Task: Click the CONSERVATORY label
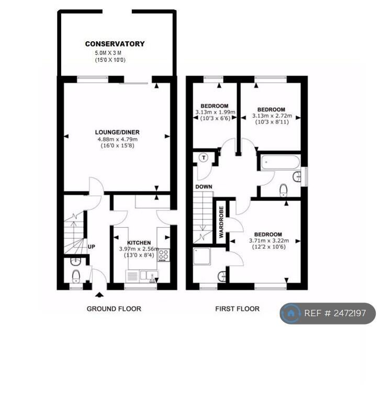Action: pyautogui.click(x=115, y=44)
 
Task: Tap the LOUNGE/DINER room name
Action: pyautogui.click(x=117, y=132)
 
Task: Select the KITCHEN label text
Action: pyautogui.click(x=139, y=243)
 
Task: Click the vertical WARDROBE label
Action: pyautogui.click(x=221, y=222)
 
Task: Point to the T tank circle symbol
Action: pyautogui.click(x=204, y=158)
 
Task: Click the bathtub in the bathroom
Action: pyautogui.click(x=280, y=162)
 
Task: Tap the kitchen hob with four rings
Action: pyautogui.click(x=163, y=255)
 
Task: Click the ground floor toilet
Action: pyautogui.click(x=76, y=276)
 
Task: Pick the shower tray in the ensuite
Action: pyautogui.click(x=202, y=256)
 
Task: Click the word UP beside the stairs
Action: pyautogui.click(x=92, y=247)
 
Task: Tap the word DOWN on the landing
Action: pyautogui.click(x=204, y=187)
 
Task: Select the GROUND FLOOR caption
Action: pyautogui.click(x=114, y=309)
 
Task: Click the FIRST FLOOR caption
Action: pyautogui.click(x=238, y=309)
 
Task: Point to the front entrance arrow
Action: pyautogui.click(x=99, y=295)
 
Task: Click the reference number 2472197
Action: pyautogui.click(x=350, y=314)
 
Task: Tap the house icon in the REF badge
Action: pyautogui.click(x=290, y=314)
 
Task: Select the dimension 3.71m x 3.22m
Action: pyautogui.click(x=269, y=241)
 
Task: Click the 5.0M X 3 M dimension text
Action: pyautogui.click(x=108, y=53)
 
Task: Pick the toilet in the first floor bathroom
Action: pyautogui.click(x=283, y=190)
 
